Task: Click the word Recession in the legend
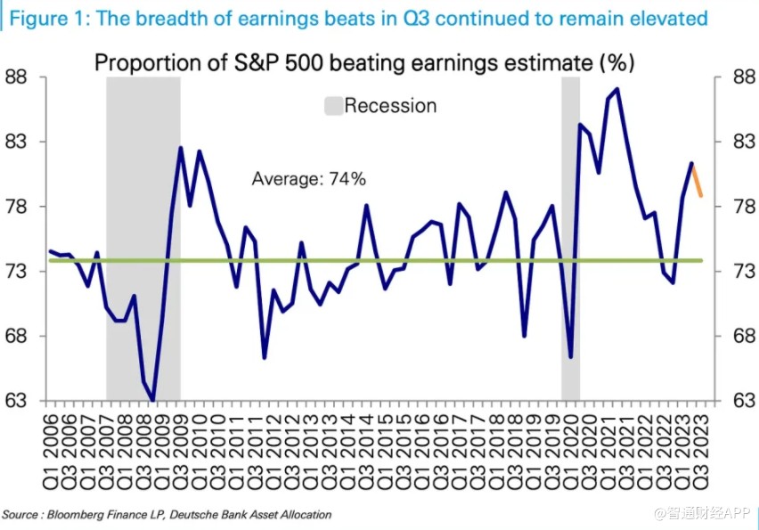pos(390,106)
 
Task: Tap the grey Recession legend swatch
pos(333,106)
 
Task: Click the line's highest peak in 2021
pos(617,89)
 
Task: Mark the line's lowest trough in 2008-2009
pos(152,400)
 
